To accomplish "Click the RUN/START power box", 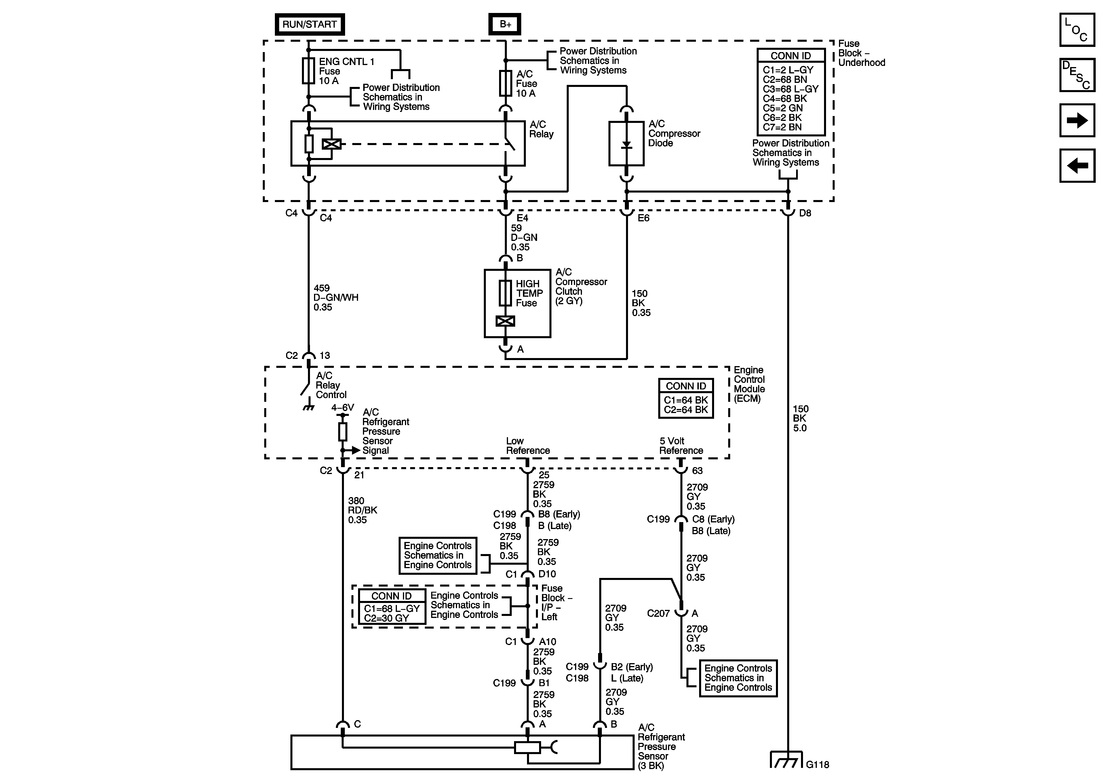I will (309, 24).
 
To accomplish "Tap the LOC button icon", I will (1077, 30).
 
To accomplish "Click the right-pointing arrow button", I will (1077, 120).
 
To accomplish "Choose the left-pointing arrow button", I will (1077, 165).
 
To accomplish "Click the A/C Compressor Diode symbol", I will (627, 144).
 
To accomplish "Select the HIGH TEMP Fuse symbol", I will (505, 293).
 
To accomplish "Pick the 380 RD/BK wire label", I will (362, 510).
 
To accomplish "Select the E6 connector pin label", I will (644, 218).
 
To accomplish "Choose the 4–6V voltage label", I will (343, 408).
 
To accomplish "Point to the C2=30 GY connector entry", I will (387, 618).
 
